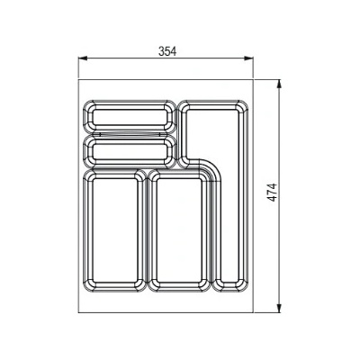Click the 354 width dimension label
tap(167, 51)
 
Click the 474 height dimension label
tap(273, 193)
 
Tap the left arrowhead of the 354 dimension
tap(83, 58)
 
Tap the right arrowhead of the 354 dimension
tap(249, 58)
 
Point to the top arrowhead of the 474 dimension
tap(279, 84)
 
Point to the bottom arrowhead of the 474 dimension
tap(279, 309)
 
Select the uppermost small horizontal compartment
tap(130, 117)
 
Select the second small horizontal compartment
tap(130, 151)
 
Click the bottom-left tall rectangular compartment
tap(114, 230)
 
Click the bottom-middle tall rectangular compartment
tap(179, 230)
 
